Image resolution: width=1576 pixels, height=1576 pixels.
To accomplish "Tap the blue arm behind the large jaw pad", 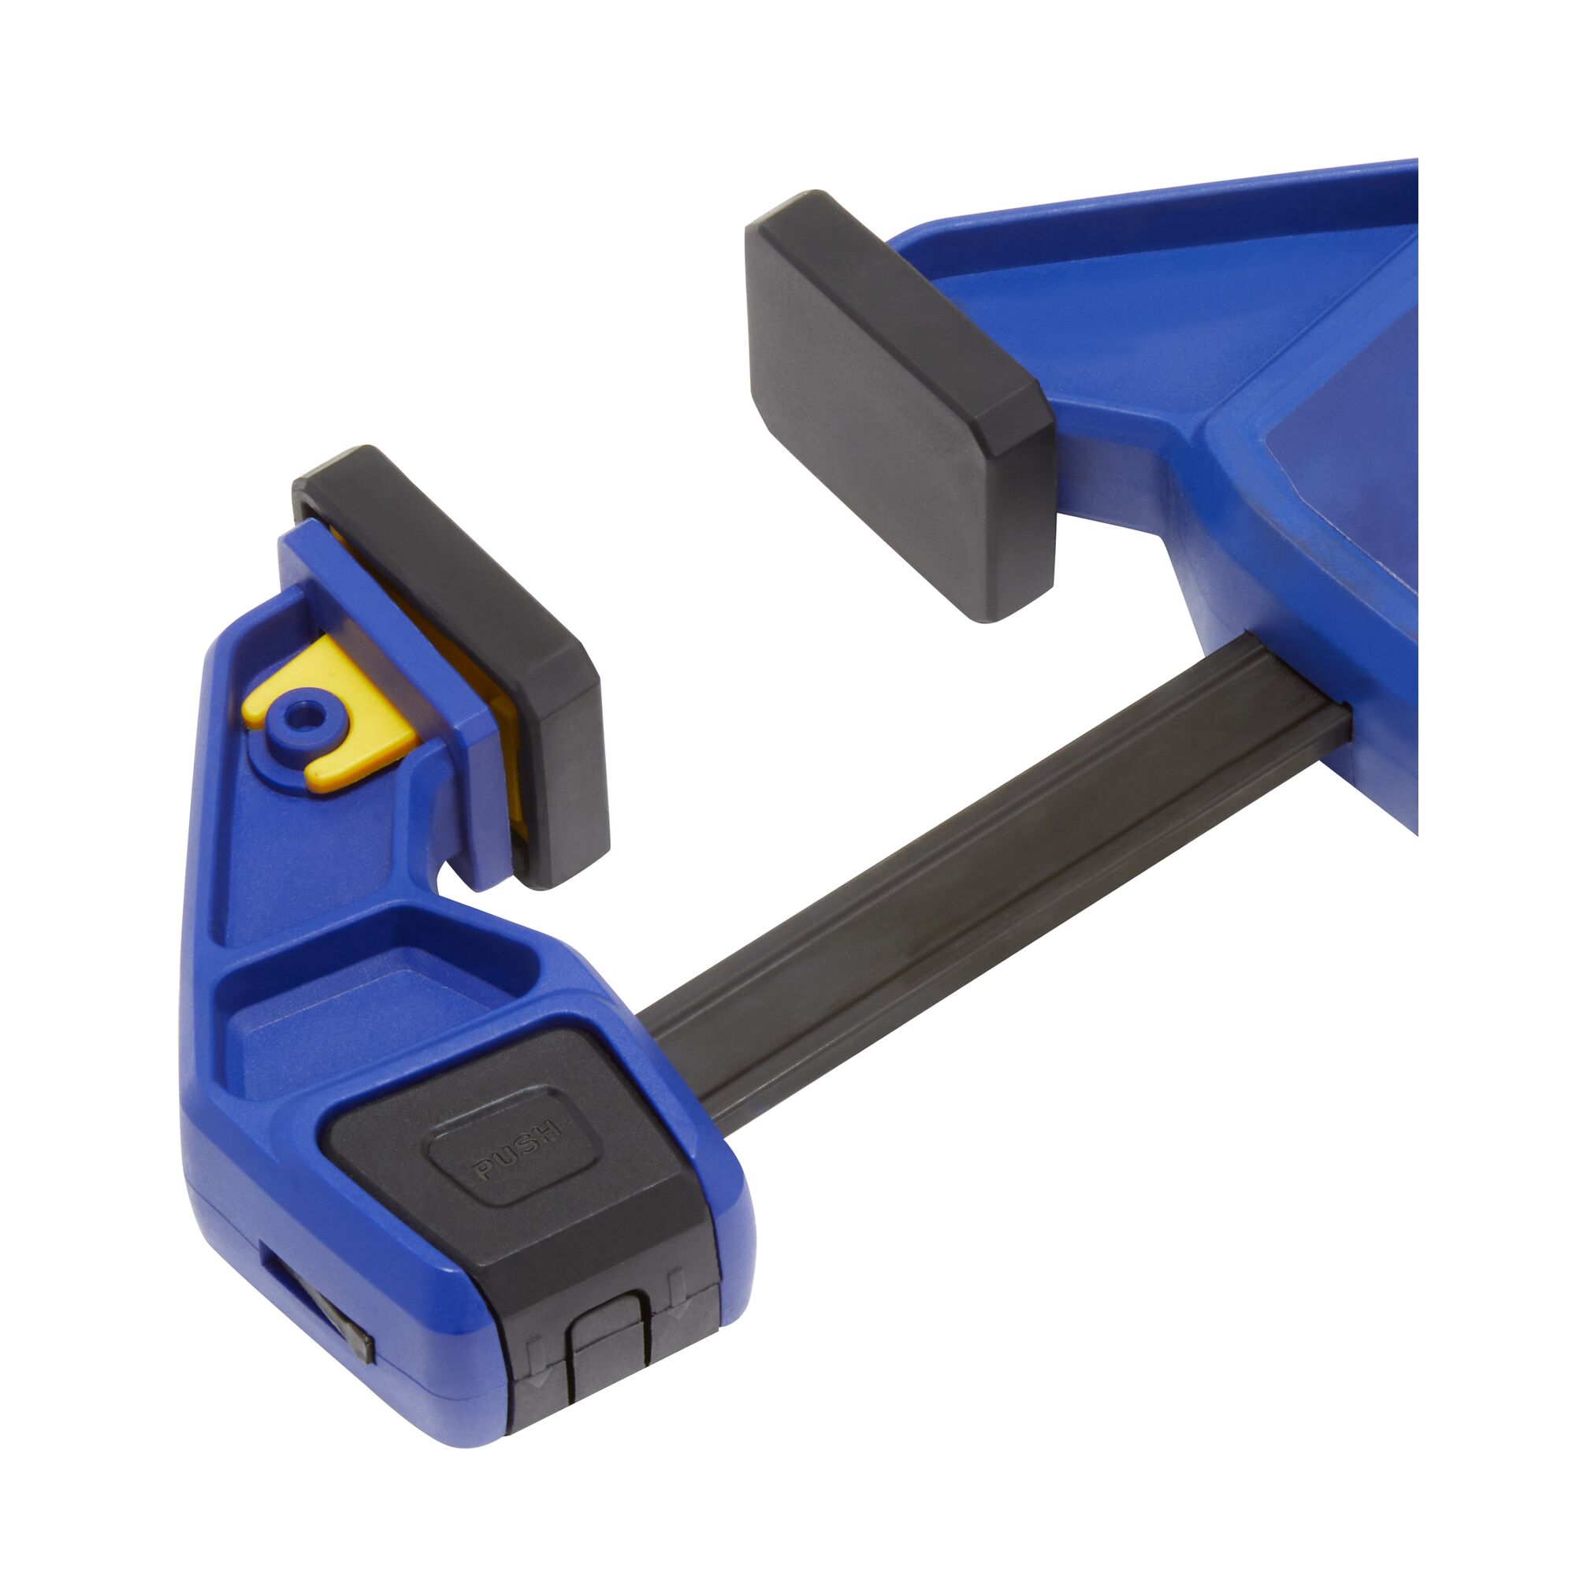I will point(1142,326).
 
